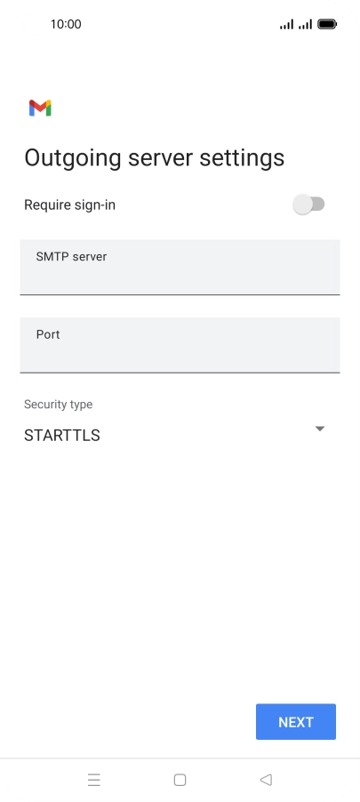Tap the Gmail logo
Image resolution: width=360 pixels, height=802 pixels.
point(40,108)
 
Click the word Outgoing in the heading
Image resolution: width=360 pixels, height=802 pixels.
point(73,158)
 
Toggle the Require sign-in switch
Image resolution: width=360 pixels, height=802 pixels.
point(308,205)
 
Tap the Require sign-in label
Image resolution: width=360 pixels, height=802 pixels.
point(69,205)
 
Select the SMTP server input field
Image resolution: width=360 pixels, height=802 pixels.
point(180,267)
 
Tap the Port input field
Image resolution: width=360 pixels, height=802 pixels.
point(180,345)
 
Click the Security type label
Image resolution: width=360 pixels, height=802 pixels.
point(59,404)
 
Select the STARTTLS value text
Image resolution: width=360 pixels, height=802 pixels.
point(62,436)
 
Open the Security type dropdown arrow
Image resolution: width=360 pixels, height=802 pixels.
point(320,429)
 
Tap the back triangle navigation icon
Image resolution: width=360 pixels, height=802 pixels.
point(266,780)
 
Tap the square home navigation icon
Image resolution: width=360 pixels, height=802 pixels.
point(180,780)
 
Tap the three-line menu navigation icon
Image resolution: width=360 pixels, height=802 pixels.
point(94,780)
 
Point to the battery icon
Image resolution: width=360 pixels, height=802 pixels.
point(327,24)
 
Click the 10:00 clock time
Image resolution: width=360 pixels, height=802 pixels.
point(66,24)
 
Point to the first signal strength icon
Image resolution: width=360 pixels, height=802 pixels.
point(286,24)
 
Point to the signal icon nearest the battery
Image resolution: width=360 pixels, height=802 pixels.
point(305,24)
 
